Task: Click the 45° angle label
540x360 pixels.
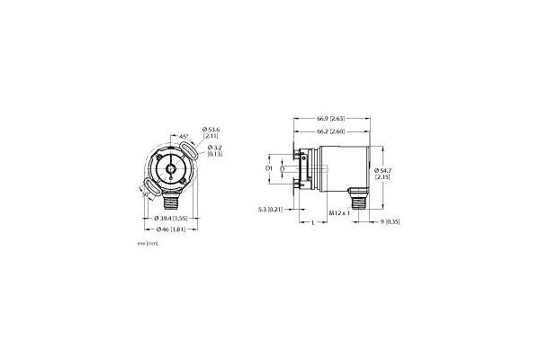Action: [184, 135]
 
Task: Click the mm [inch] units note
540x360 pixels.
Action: [143, 244]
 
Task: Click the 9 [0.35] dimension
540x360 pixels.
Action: [390, 220]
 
